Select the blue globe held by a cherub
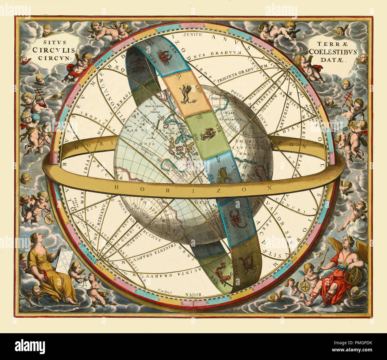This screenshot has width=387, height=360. click(x=36, y=117)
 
